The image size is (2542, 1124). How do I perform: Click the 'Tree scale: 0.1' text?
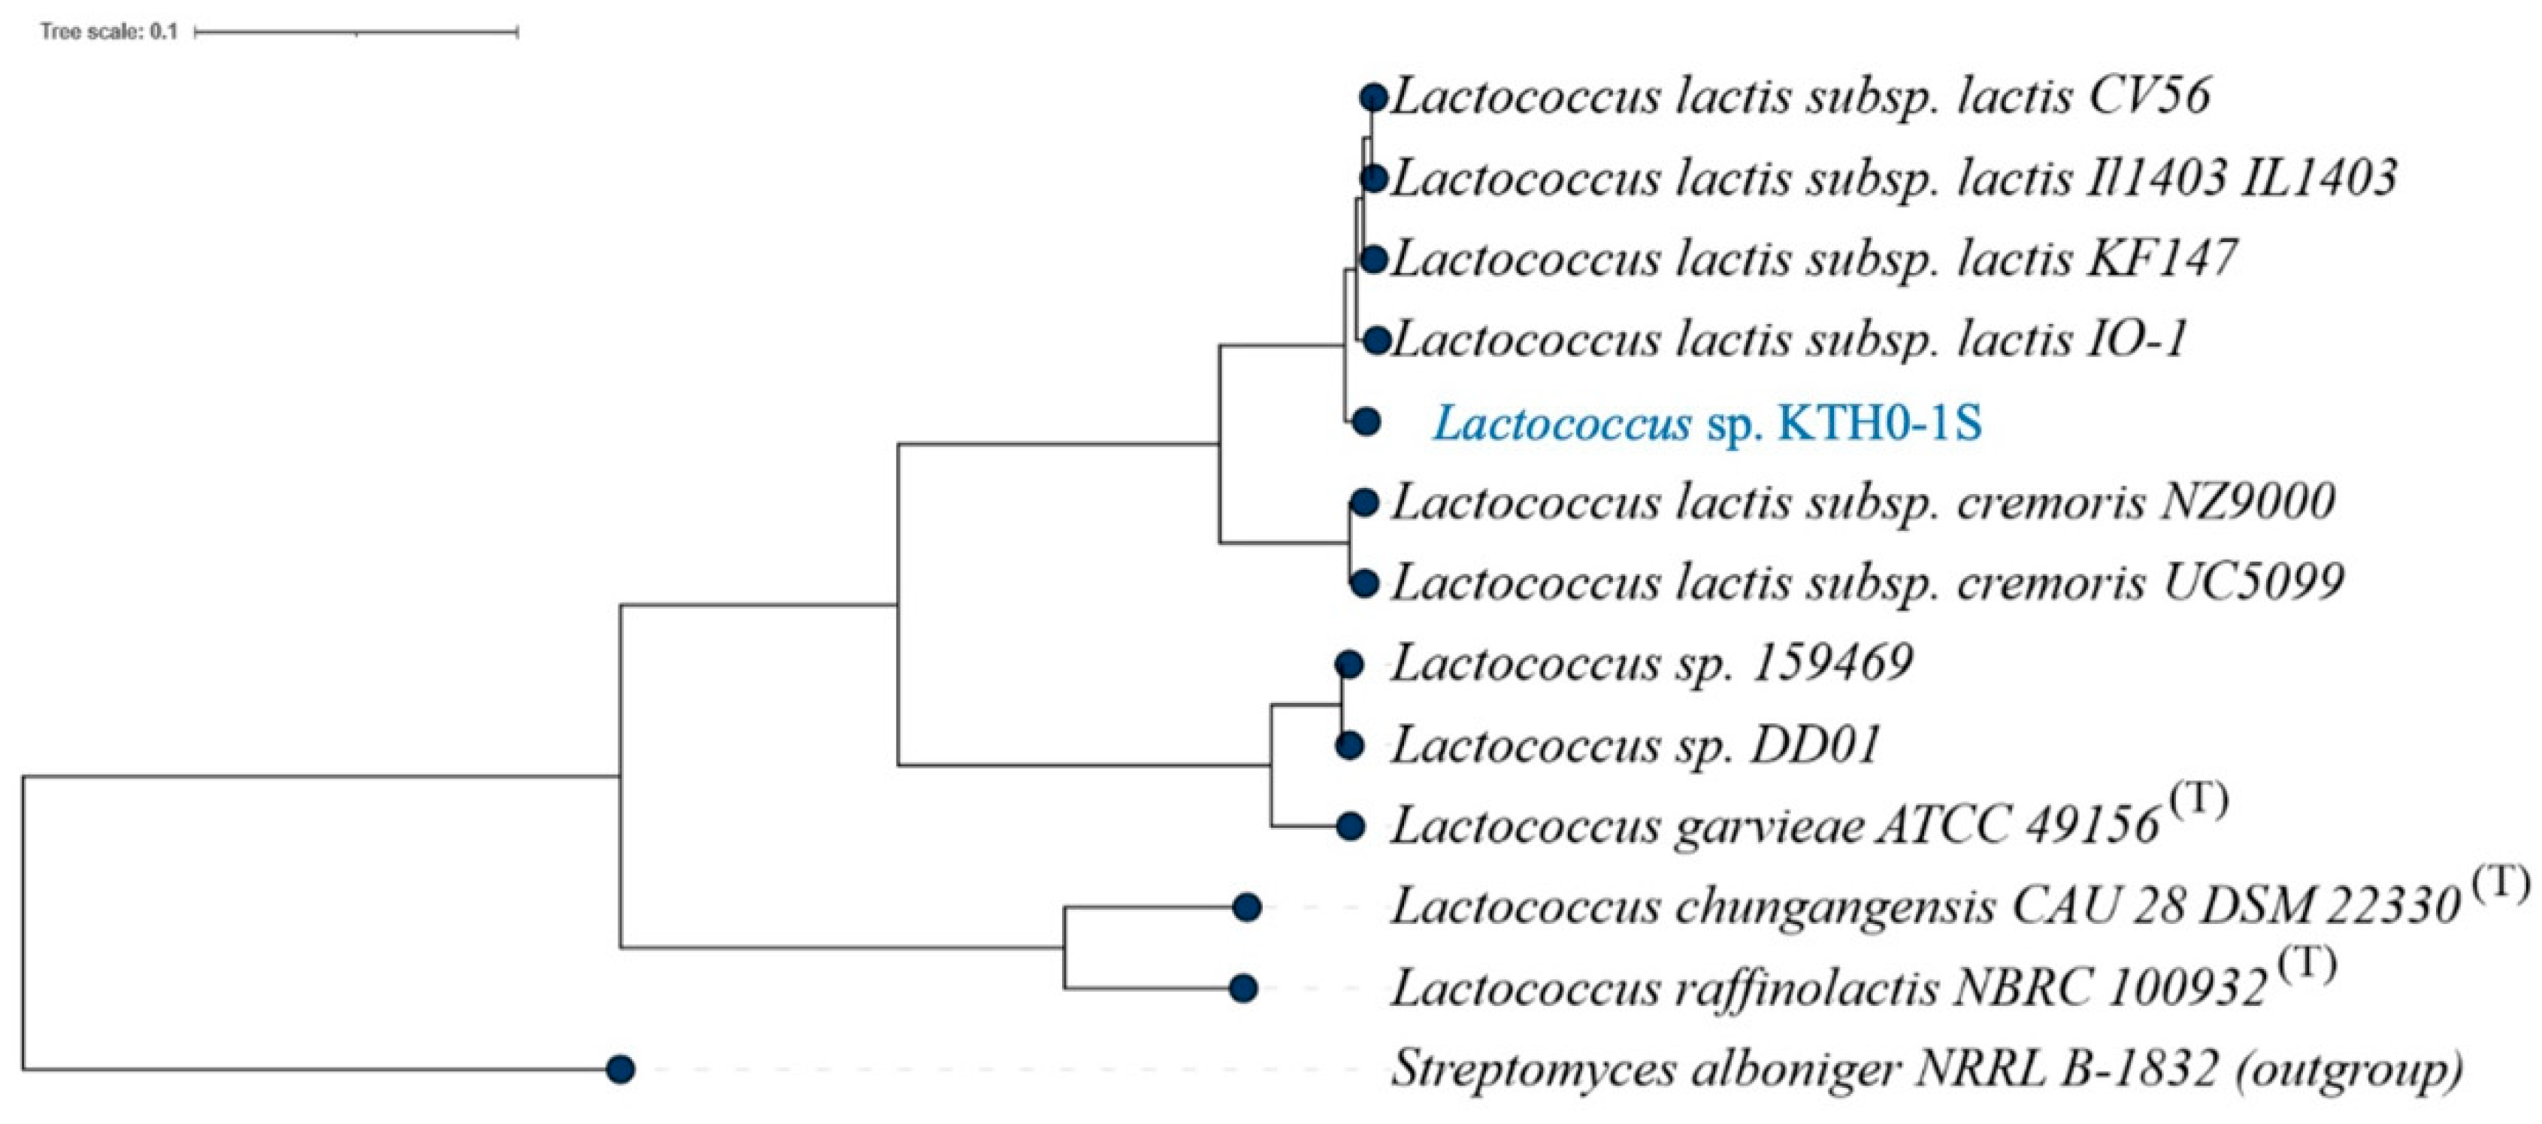pyautogui.click(x=108, y=32)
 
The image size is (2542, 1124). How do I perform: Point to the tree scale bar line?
pyautogui.click(x=356, y=32)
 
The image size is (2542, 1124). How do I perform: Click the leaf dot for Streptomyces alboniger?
pyautogui.click(x=619, y=1068)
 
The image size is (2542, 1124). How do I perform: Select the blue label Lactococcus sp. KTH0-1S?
pyautogui.click(x=1707, y=423)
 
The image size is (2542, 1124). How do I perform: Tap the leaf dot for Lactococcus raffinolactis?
pyautogui.click(x=1243, y=987)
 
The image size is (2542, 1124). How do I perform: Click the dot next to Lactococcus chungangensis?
pyautogui.click(x=1247, y=906)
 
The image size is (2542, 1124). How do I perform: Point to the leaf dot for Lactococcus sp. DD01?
pyautogui.click(x=1350, y=745)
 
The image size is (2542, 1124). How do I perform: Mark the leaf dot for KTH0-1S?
pyautogui.click(x=1366, y=421)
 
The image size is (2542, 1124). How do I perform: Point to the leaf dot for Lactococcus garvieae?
pyautogui.click(x=1351, y=826)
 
